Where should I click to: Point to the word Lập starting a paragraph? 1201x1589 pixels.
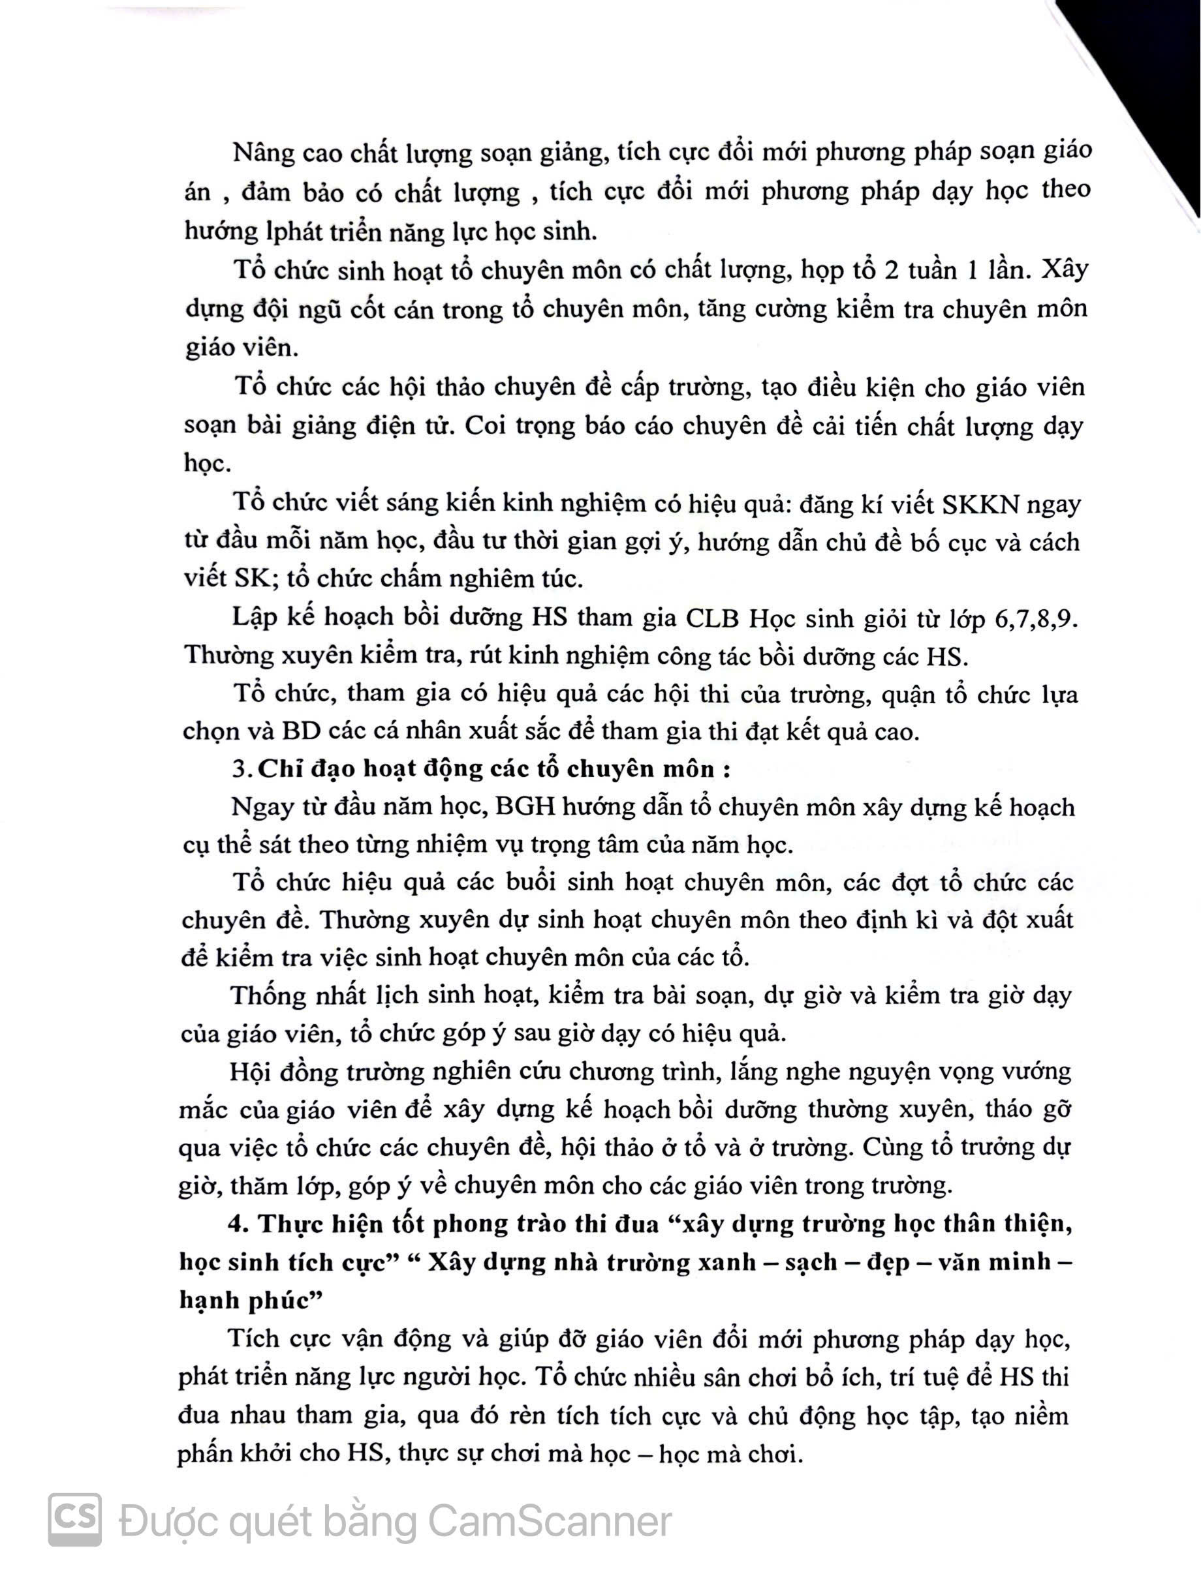255,618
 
